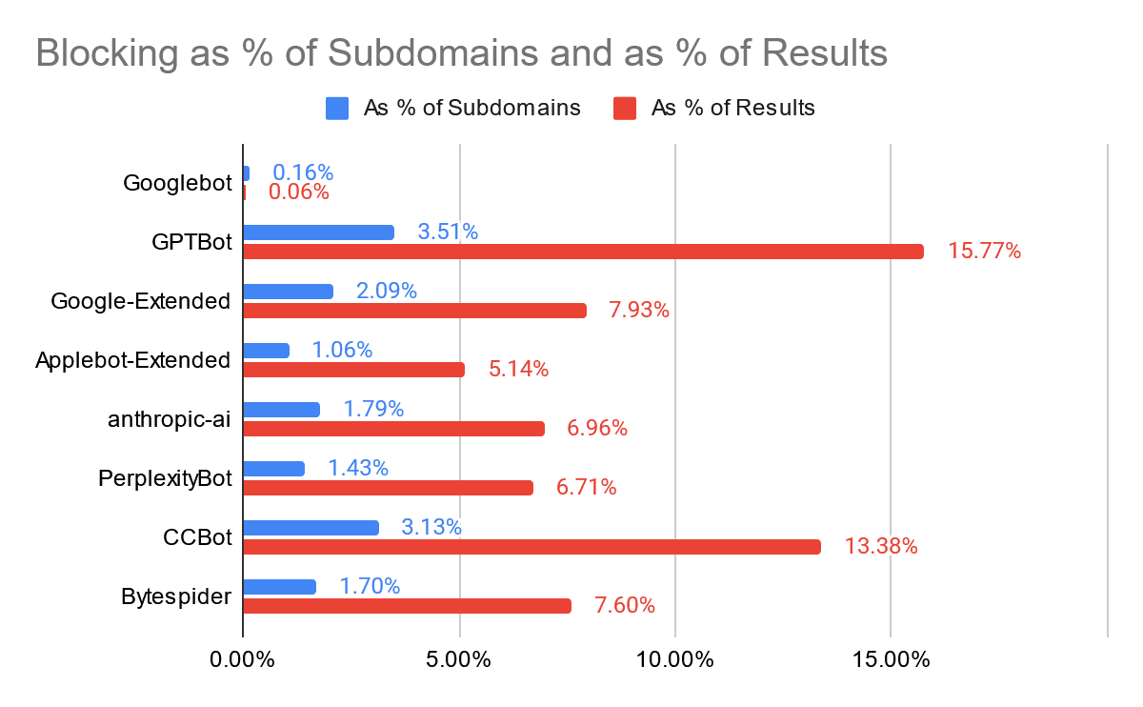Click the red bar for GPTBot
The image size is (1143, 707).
(583, 252)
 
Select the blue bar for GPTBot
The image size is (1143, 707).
(318, 232)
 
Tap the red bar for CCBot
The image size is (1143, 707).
(531, 547)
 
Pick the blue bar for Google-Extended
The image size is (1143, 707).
(288, 291)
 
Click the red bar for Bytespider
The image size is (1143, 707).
(407, 606)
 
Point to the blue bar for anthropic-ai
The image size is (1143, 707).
(281, 409)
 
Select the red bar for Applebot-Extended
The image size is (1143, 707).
(353, 370)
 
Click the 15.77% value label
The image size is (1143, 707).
(984, 252)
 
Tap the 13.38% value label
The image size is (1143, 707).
(881, 547)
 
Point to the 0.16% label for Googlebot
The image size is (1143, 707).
(303, 172)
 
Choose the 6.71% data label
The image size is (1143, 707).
(586, 488)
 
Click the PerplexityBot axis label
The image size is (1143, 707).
(166, 478)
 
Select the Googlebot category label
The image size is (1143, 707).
(178, 183)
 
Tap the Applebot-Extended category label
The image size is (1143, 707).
(133, 360)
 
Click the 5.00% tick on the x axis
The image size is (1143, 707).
(459, 659)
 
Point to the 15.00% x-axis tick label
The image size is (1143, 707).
(890, 659)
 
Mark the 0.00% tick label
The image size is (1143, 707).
(243, 659)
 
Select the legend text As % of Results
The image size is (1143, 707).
(732, 108)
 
